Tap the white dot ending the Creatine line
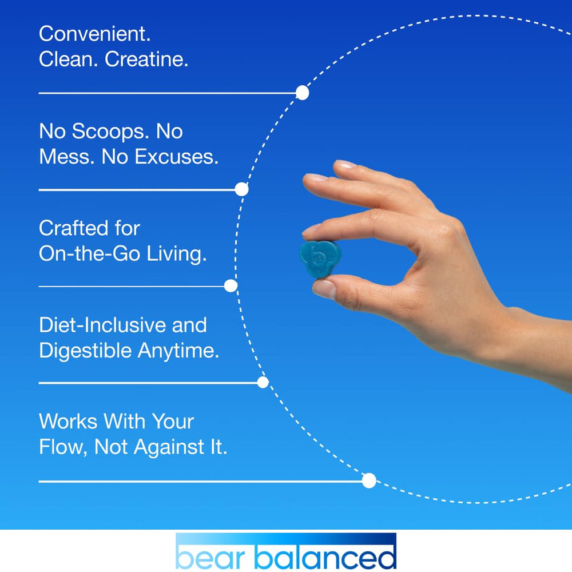[x=302, y=93]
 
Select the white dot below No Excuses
[x=241, y=189]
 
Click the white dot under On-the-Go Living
[x=231, y=286]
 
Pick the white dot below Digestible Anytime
[x=263, y=382]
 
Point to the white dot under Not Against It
[x=369, y=480]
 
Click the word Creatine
[x=146, y=59]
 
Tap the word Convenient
[x=95, y=34]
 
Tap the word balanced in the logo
[x=324, y=555]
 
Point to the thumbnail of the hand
[x=325, y=288]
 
